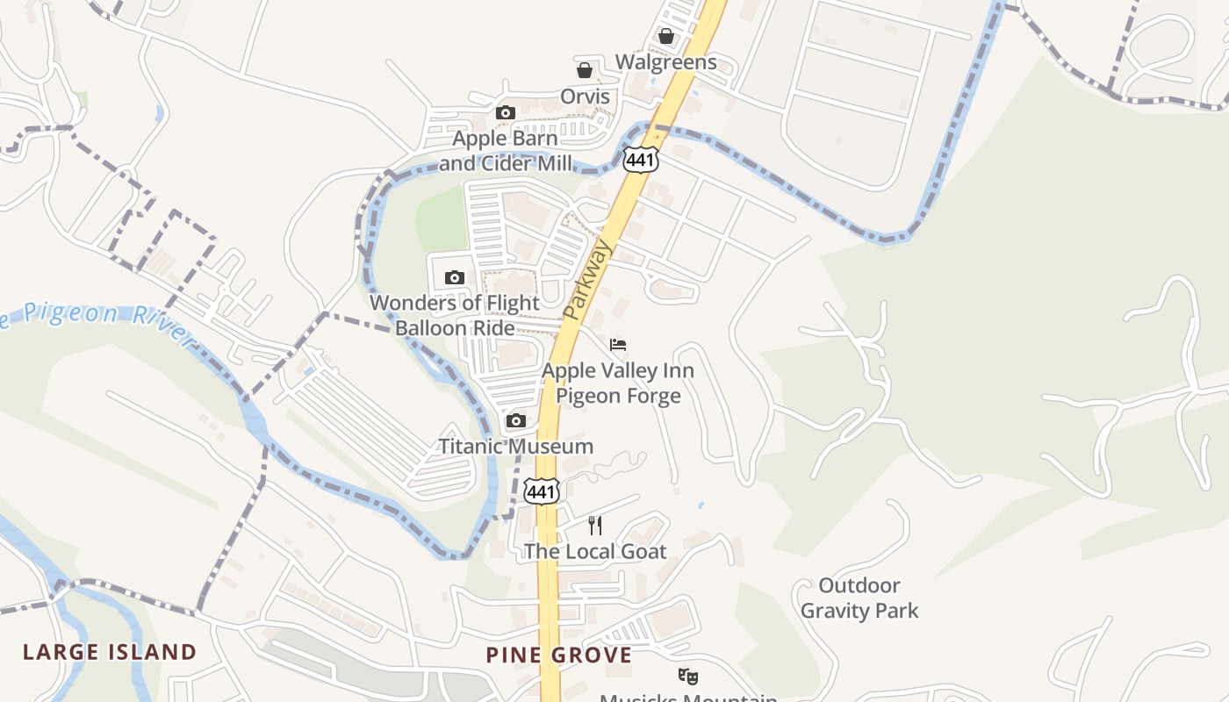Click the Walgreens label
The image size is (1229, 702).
click(665, 62)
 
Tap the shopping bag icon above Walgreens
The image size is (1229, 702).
click(666, 36)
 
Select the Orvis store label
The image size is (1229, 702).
click(585, 97)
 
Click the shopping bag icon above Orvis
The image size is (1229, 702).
click(585, 70)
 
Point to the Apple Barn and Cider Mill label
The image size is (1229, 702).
click(506, 151)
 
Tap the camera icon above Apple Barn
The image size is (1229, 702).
click(505, 112)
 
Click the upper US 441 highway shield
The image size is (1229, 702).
click(641, 159)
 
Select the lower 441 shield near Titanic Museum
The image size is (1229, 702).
click(541, 491)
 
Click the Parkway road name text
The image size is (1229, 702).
click(587, 280)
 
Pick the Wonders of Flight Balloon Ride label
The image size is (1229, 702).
click(455, 315)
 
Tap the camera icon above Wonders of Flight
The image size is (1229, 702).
click(454, 278)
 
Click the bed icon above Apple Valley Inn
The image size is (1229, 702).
click(618, 343)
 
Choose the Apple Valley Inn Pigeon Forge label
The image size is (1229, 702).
click(618, 383)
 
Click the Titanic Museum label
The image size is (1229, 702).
click(515, 447)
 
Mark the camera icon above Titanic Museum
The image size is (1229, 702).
click(516, 421)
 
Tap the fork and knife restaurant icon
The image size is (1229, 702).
click(595, 525)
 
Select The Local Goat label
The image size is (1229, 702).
click(595, 552)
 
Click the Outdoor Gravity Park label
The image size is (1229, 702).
click(859, 598)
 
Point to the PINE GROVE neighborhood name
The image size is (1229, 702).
click(558, 655)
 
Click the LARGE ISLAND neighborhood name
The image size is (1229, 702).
click(110, 652)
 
